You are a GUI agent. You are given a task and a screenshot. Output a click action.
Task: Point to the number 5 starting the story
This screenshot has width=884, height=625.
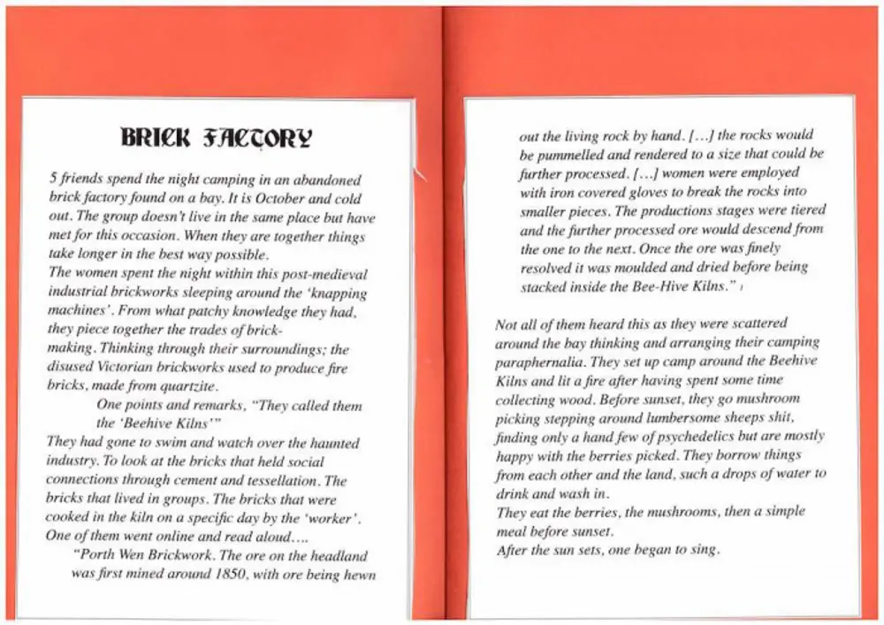point(53,178)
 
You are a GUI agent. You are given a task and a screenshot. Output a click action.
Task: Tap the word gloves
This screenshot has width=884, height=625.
point(649,191)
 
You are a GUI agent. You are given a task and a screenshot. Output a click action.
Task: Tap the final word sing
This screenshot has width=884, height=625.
point(705,549)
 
